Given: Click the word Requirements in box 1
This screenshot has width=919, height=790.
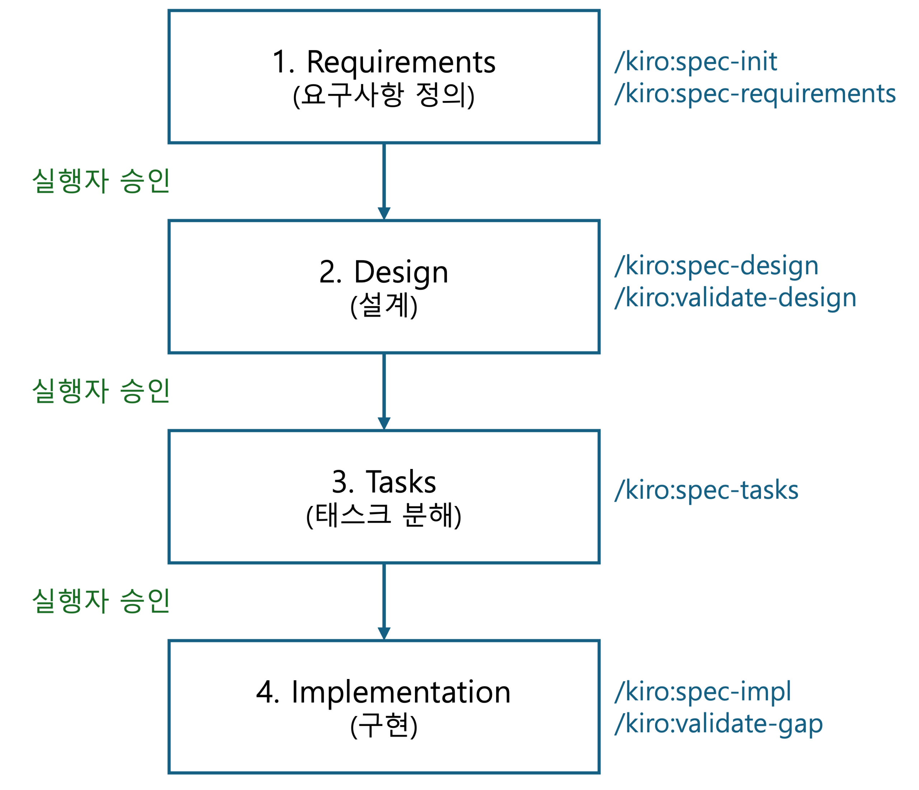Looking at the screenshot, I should pos(401,62).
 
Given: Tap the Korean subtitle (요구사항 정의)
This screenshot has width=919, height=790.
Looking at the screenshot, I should pos(384,96).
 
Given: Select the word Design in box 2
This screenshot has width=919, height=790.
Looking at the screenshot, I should pos(401,272).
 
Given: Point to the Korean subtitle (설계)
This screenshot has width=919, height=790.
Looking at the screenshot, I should pos(384,306).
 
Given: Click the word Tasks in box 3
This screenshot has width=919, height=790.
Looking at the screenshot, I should pos(401,483).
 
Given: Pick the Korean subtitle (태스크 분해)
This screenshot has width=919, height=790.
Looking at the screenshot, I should pos(384,515).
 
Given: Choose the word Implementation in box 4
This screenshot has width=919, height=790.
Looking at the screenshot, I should pos(401,692).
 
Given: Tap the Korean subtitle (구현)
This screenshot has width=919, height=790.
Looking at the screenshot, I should pos(384,726).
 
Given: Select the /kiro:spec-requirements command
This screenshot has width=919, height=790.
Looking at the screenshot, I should pos(755,94).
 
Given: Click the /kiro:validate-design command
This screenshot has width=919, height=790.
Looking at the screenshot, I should pos(735,298).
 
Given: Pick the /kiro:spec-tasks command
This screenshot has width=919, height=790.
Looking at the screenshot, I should pos(706,491).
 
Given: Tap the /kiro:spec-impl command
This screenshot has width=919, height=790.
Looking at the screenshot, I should pos(703,692).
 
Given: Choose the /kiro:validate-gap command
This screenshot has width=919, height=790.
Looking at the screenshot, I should pos(719,724).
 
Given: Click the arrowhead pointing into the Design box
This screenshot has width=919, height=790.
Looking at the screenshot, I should pos(384,213).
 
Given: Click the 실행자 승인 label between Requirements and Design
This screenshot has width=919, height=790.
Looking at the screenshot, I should pos(101,181).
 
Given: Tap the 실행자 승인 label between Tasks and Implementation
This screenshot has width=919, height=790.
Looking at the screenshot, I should pos(101,601).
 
